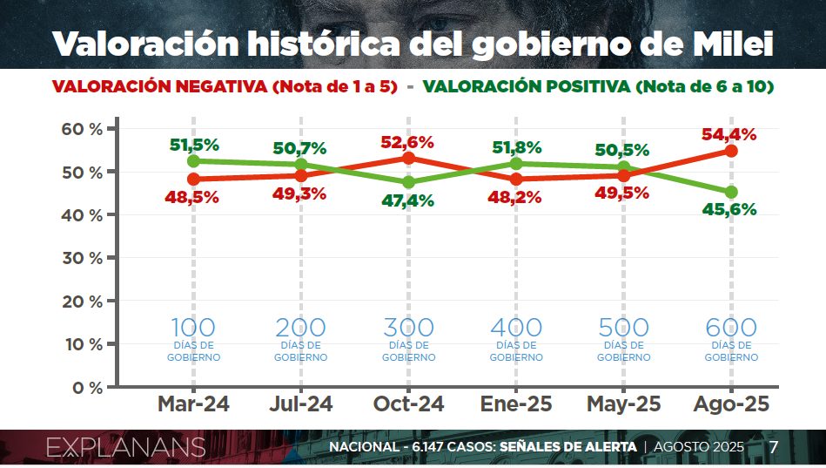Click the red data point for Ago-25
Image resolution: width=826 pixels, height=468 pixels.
click(x=731, y=151)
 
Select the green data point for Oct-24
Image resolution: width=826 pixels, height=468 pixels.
click(x=408, y=183)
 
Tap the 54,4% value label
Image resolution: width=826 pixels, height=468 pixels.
click(x=730, y=134)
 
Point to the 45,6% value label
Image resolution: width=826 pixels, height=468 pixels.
click(x=730, y=209)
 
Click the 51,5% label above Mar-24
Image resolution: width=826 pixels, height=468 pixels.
click(x=193, y=145)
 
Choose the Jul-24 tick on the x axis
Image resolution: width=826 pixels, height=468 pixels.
click(x=301, y=404)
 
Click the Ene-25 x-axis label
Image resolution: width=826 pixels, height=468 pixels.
click(x=516, y=404)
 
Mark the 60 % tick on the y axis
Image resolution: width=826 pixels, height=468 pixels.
click(x=82, y=129)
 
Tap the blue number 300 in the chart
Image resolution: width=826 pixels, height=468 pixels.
click(x=408, y=329)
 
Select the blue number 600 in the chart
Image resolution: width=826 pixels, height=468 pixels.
click(x=731, y=329)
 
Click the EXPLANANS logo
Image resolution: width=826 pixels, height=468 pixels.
click(x=125, y=448)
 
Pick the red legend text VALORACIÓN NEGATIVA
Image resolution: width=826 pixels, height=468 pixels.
click(x=159, y=87)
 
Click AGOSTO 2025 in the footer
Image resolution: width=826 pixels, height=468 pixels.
click(x=699, y=448)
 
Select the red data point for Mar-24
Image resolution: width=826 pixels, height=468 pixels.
click(x=193, y=179)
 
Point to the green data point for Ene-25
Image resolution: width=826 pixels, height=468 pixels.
click(x=516, y=163)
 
